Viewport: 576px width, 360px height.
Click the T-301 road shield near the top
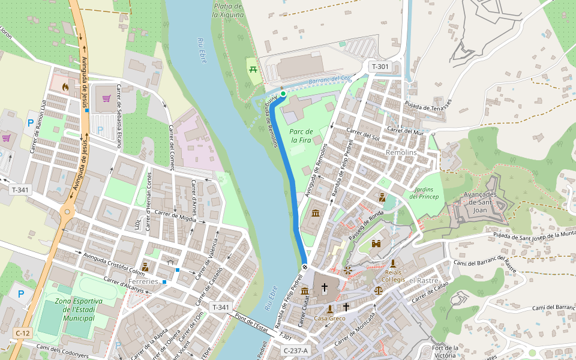pos(380,67)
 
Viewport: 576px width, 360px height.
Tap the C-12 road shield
pos(23,333)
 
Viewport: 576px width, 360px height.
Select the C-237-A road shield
pos(295,351)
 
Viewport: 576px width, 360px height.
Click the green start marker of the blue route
pos(283,94)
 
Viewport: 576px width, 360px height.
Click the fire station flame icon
pos(65,86)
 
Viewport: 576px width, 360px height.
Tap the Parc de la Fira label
pos(301,136)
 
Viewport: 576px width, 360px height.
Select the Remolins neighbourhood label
pos(401,153)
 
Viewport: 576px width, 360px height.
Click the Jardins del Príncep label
pos(424,193)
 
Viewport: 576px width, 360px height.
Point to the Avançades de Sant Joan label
pos(480,202)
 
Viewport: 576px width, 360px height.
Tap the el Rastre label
pos(424,280)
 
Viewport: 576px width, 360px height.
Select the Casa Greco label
pos(329,318)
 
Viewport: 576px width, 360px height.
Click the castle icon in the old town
pos(377,244)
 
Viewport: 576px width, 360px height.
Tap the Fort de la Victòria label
pos(445,352)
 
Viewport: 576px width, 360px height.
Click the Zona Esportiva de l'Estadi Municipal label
pos(79,309)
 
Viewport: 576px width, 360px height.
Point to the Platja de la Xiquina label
pos(228,10)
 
